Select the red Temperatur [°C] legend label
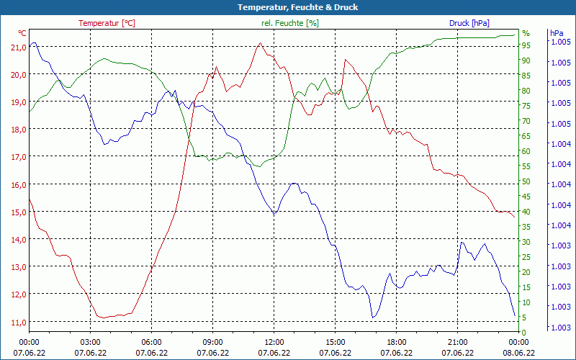click(x=107, y=23)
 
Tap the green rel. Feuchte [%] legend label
click(x=289, y=23)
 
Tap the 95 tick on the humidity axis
click(x=526, y=45)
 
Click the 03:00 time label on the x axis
click(x=90, y=342)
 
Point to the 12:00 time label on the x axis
click(x=274, y=342)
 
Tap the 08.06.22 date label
click(x=518, y=353)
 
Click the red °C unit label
click(x=22, y=33)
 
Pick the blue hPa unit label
click(x=557, y=33)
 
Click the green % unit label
click(x=526, y=33)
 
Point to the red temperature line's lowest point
click(x=102, y=318)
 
